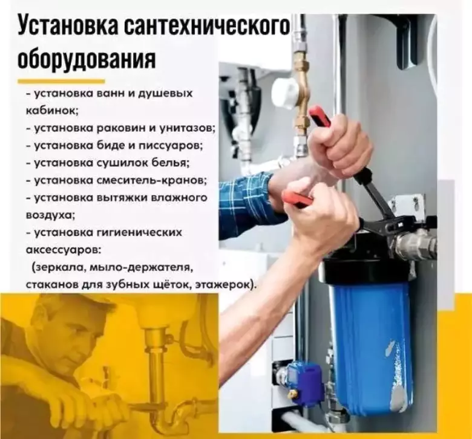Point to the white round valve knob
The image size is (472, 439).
click(284, 92)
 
